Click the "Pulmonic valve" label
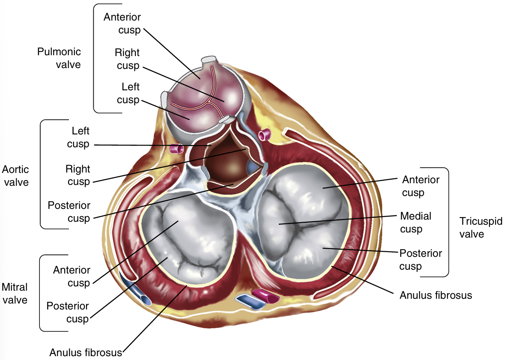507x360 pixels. pyautogui.click(x=59, y=58)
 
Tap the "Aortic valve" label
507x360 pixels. pyautogui.click(x=15, y=175)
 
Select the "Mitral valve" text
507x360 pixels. pyautogui.click(x=15, y=293)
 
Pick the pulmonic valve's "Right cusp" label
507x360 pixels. pyautogui.click(x=127, y=59)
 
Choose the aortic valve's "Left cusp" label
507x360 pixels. pyautogui.click(x=78, y=137)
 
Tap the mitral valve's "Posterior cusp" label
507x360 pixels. pyautogui.click(x=68, y=312)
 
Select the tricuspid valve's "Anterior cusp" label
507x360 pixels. pyautogui.click(x=421, y=186)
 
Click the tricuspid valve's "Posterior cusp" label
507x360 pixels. pyautogui.click(x=421, y=259)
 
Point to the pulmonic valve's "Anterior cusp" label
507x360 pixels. pyautogui.click(x=122, y=24)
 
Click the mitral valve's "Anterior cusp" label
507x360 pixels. pyautogui.click(x=72, y=277)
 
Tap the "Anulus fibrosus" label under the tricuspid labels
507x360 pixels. pyautogui.click(x=435, y=295)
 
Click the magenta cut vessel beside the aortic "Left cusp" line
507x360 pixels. pyautogui.click(x=176, y=149)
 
